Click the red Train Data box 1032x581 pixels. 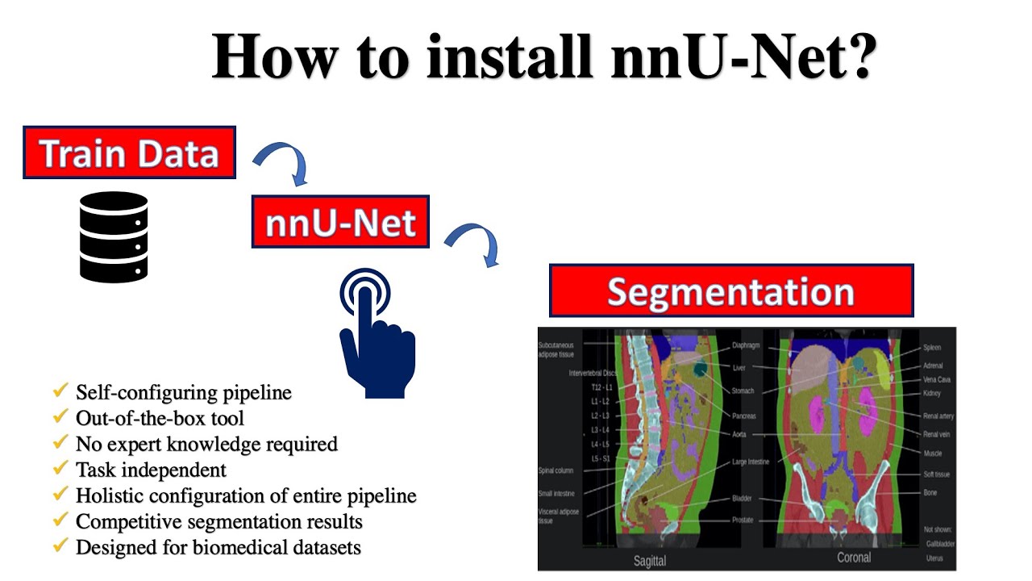pyautogui.click(x=129, y=153)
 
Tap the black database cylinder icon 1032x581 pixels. pyautogui.click(x=114, y=236)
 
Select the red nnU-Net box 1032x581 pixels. pyautogui.click(x=340, y=222)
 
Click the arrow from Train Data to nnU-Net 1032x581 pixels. pyautogui.click(x=284, y=162)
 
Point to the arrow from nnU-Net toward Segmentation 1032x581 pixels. pyautogui.click(x=475, y=242)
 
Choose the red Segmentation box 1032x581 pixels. pyautogui.click(x=730, y=290)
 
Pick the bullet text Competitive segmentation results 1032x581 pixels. pyautogui.click(x=218, y=521)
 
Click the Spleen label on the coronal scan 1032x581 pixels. pyautogui.click(x=931, y=348)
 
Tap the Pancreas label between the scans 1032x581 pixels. pyautogui.click(x=743, y=416)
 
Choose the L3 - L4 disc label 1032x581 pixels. pyautogui.click(x=601, y=429)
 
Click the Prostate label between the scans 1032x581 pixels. pyautogui.click(x=742, y=520)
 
